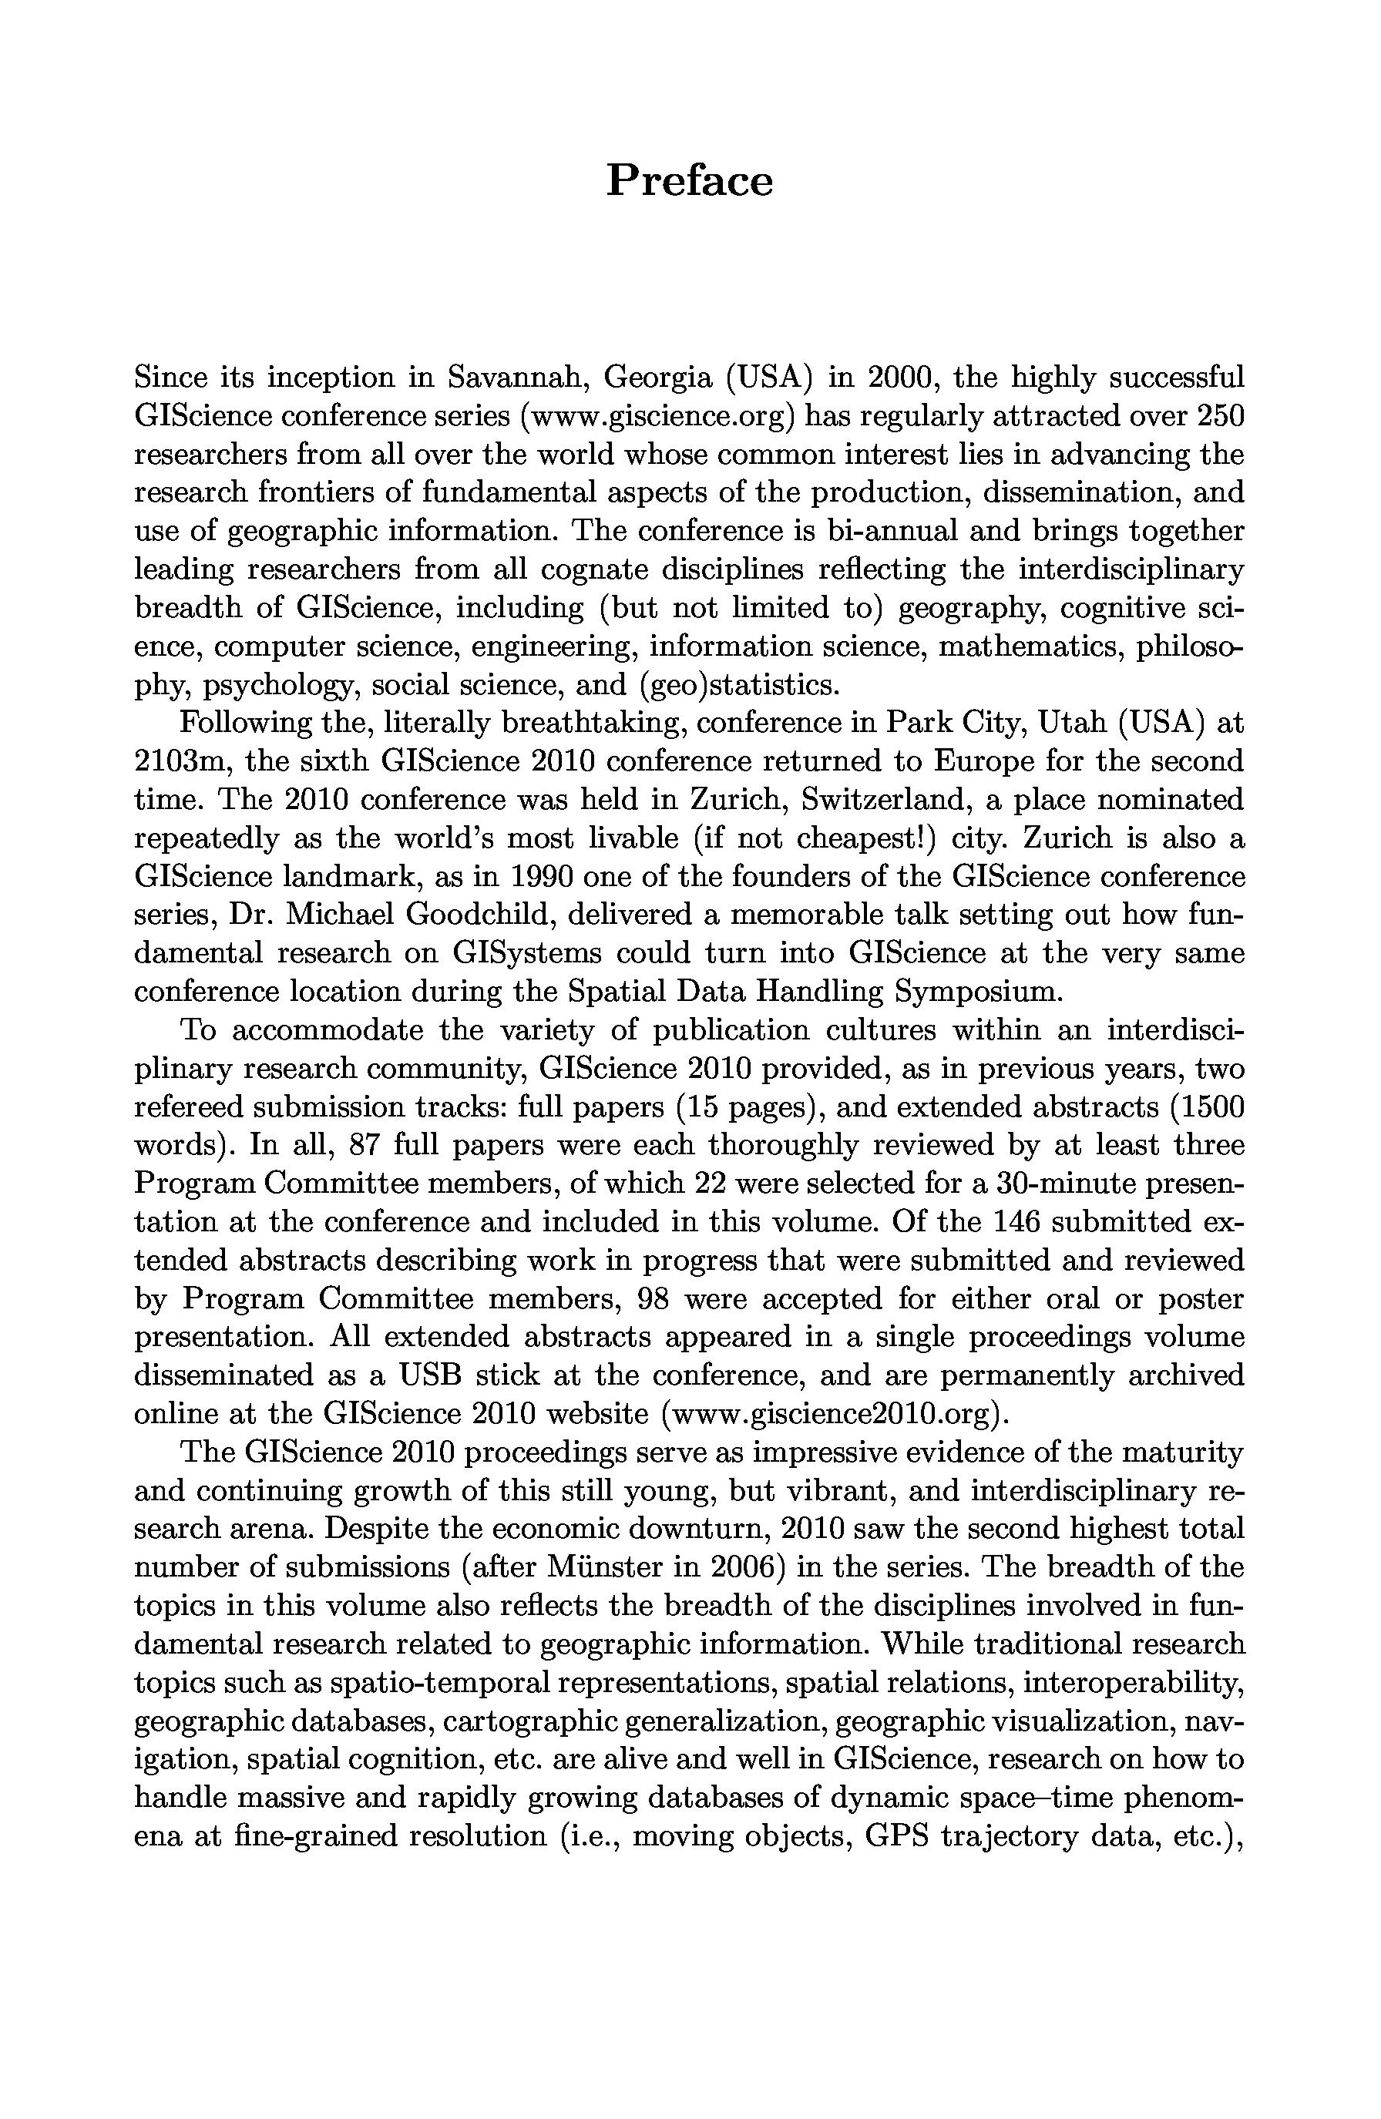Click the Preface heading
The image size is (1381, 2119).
[689, 181]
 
